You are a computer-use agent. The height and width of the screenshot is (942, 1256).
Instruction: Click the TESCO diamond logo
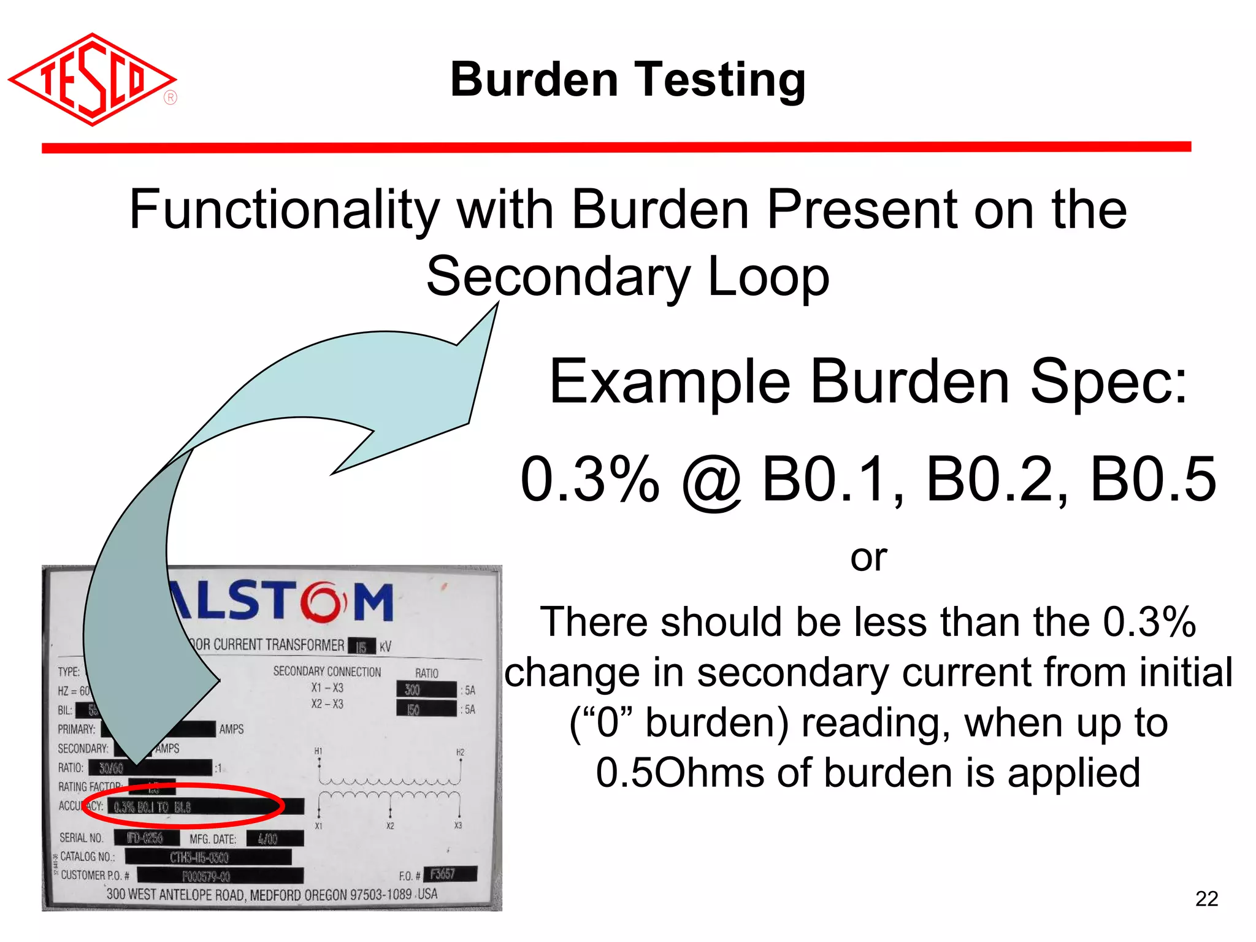pyautogui.click(x=92, y=80)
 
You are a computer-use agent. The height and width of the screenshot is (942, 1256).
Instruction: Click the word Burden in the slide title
pyautogui.click(x=534, y=80)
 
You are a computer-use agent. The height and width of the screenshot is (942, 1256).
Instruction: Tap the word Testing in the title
pyautogui.click(x=720, y=81)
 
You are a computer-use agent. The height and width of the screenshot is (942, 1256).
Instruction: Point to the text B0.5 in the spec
pyautogui.click(x=1153, y=479)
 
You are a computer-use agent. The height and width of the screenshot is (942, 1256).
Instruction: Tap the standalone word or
pyautogui.click(x=868, y=557)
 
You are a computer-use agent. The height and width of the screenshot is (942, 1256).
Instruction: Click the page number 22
pyautogui.click(x=1206, y=898)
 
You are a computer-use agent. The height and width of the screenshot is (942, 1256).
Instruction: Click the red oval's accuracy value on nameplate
pyautogui.click(x=153, y=806)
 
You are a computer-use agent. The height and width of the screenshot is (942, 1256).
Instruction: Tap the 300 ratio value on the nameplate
pyautogui.click(x=413, y=690)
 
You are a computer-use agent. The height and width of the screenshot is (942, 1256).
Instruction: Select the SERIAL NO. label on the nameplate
pyautogui.click(x=82, y=838)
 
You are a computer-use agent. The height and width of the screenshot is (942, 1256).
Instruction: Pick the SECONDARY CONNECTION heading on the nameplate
pyautogui.click(x=327, y=672)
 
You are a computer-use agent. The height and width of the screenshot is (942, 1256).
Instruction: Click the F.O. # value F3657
pyautogui.click(x=442, y=874)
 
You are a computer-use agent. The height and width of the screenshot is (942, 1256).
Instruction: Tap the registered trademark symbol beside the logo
pyautogui.click(x=170, y=98)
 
